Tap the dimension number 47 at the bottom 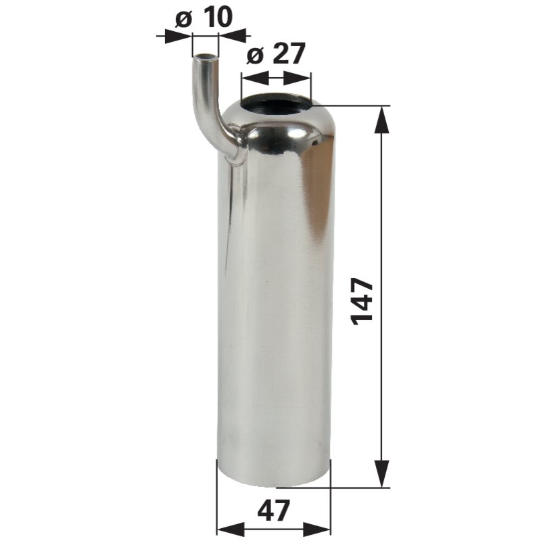pyautogui.click(x=274, y=509)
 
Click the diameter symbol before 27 pyautogui.click(x=254, y=55)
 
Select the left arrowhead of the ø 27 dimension pyautogui.click(x=250, y=76)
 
